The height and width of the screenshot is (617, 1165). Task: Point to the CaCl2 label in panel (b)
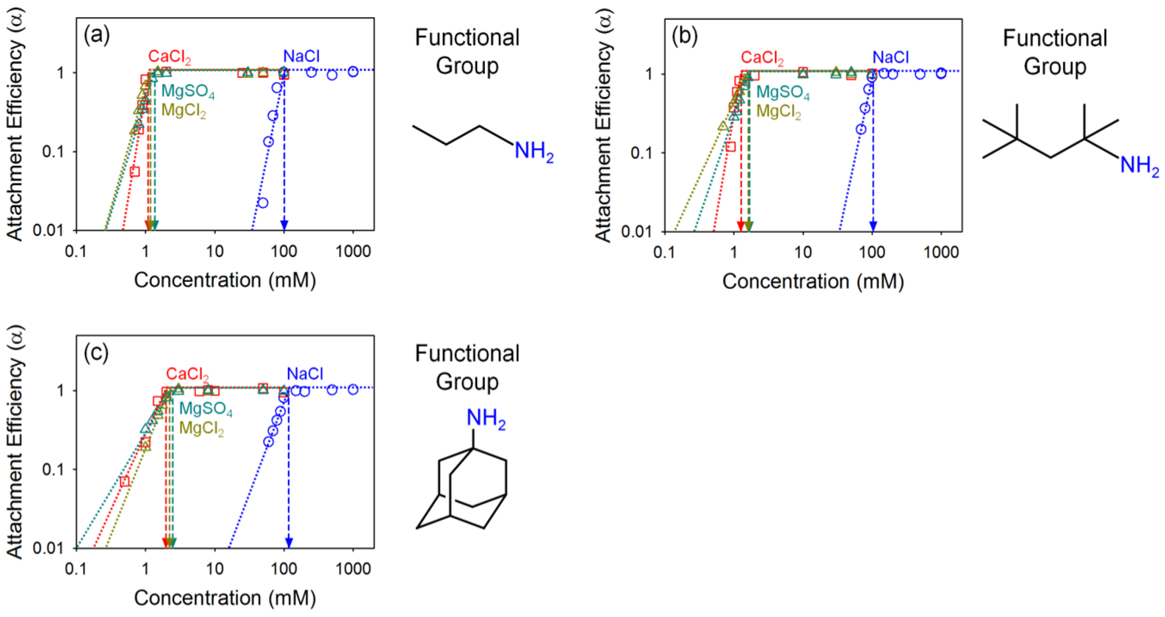click(x=762, y=58)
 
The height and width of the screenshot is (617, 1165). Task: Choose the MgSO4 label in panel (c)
click(x=206, y=408)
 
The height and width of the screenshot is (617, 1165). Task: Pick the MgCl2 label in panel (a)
click(x=184, y=110)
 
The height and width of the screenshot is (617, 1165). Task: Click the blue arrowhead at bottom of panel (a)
click(x=284, y=225)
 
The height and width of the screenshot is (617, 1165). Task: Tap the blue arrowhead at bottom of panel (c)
click(x=289, y=542)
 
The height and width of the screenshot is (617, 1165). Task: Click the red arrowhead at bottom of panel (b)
click(x=740, y=226)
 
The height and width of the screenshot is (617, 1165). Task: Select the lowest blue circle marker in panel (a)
click(x=263, y=203)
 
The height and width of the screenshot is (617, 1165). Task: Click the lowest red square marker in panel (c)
click(x=125, y=481)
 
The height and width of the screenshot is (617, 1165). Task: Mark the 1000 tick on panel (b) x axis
click(x=941, y=251)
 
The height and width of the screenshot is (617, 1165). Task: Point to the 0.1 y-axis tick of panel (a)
click(x=53, y=152)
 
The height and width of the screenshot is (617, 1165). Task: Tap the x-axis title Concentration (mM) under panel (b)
click(x=813, y=281)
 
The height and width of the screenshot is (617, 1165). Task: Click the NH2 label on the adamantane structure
click(x=485, y=419)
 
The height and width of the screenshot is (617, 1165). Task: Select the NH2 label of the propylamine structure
click(x=534, y=151)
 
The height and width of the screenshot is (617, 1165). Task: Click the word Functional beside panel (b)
click(x=1055, y=38)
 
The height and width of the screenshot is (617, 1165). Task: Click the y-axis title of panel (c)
click(x=15, y=442)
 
